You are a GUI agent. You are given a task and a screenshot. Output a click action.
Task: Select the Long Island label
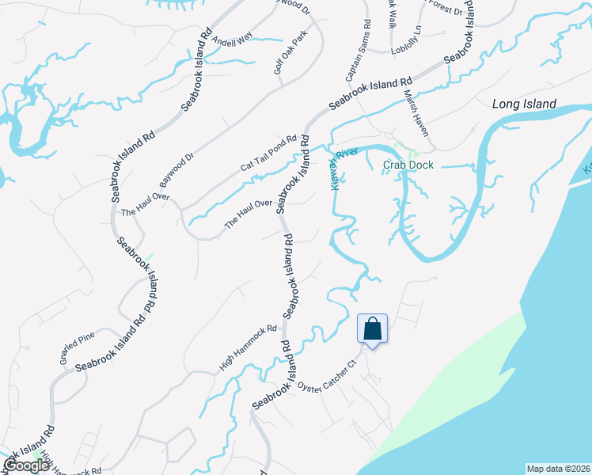pyautogui.click(x=524, y=104)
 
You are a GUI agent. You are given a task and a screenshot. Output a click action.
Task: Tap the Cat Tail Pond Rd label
pyautogui.click(x=268, y=153)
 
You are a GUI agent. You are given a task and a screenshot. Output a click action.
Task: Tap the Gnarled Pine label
pyautogui.click(x=78, y=348)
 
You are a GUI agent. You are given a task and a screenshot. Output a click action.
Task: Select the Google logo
pyautogui.click(x=25, y=466)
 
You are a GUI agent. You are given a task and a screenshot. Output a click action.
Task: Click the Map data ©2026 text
pyautogui.click(x=558, y=469)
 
